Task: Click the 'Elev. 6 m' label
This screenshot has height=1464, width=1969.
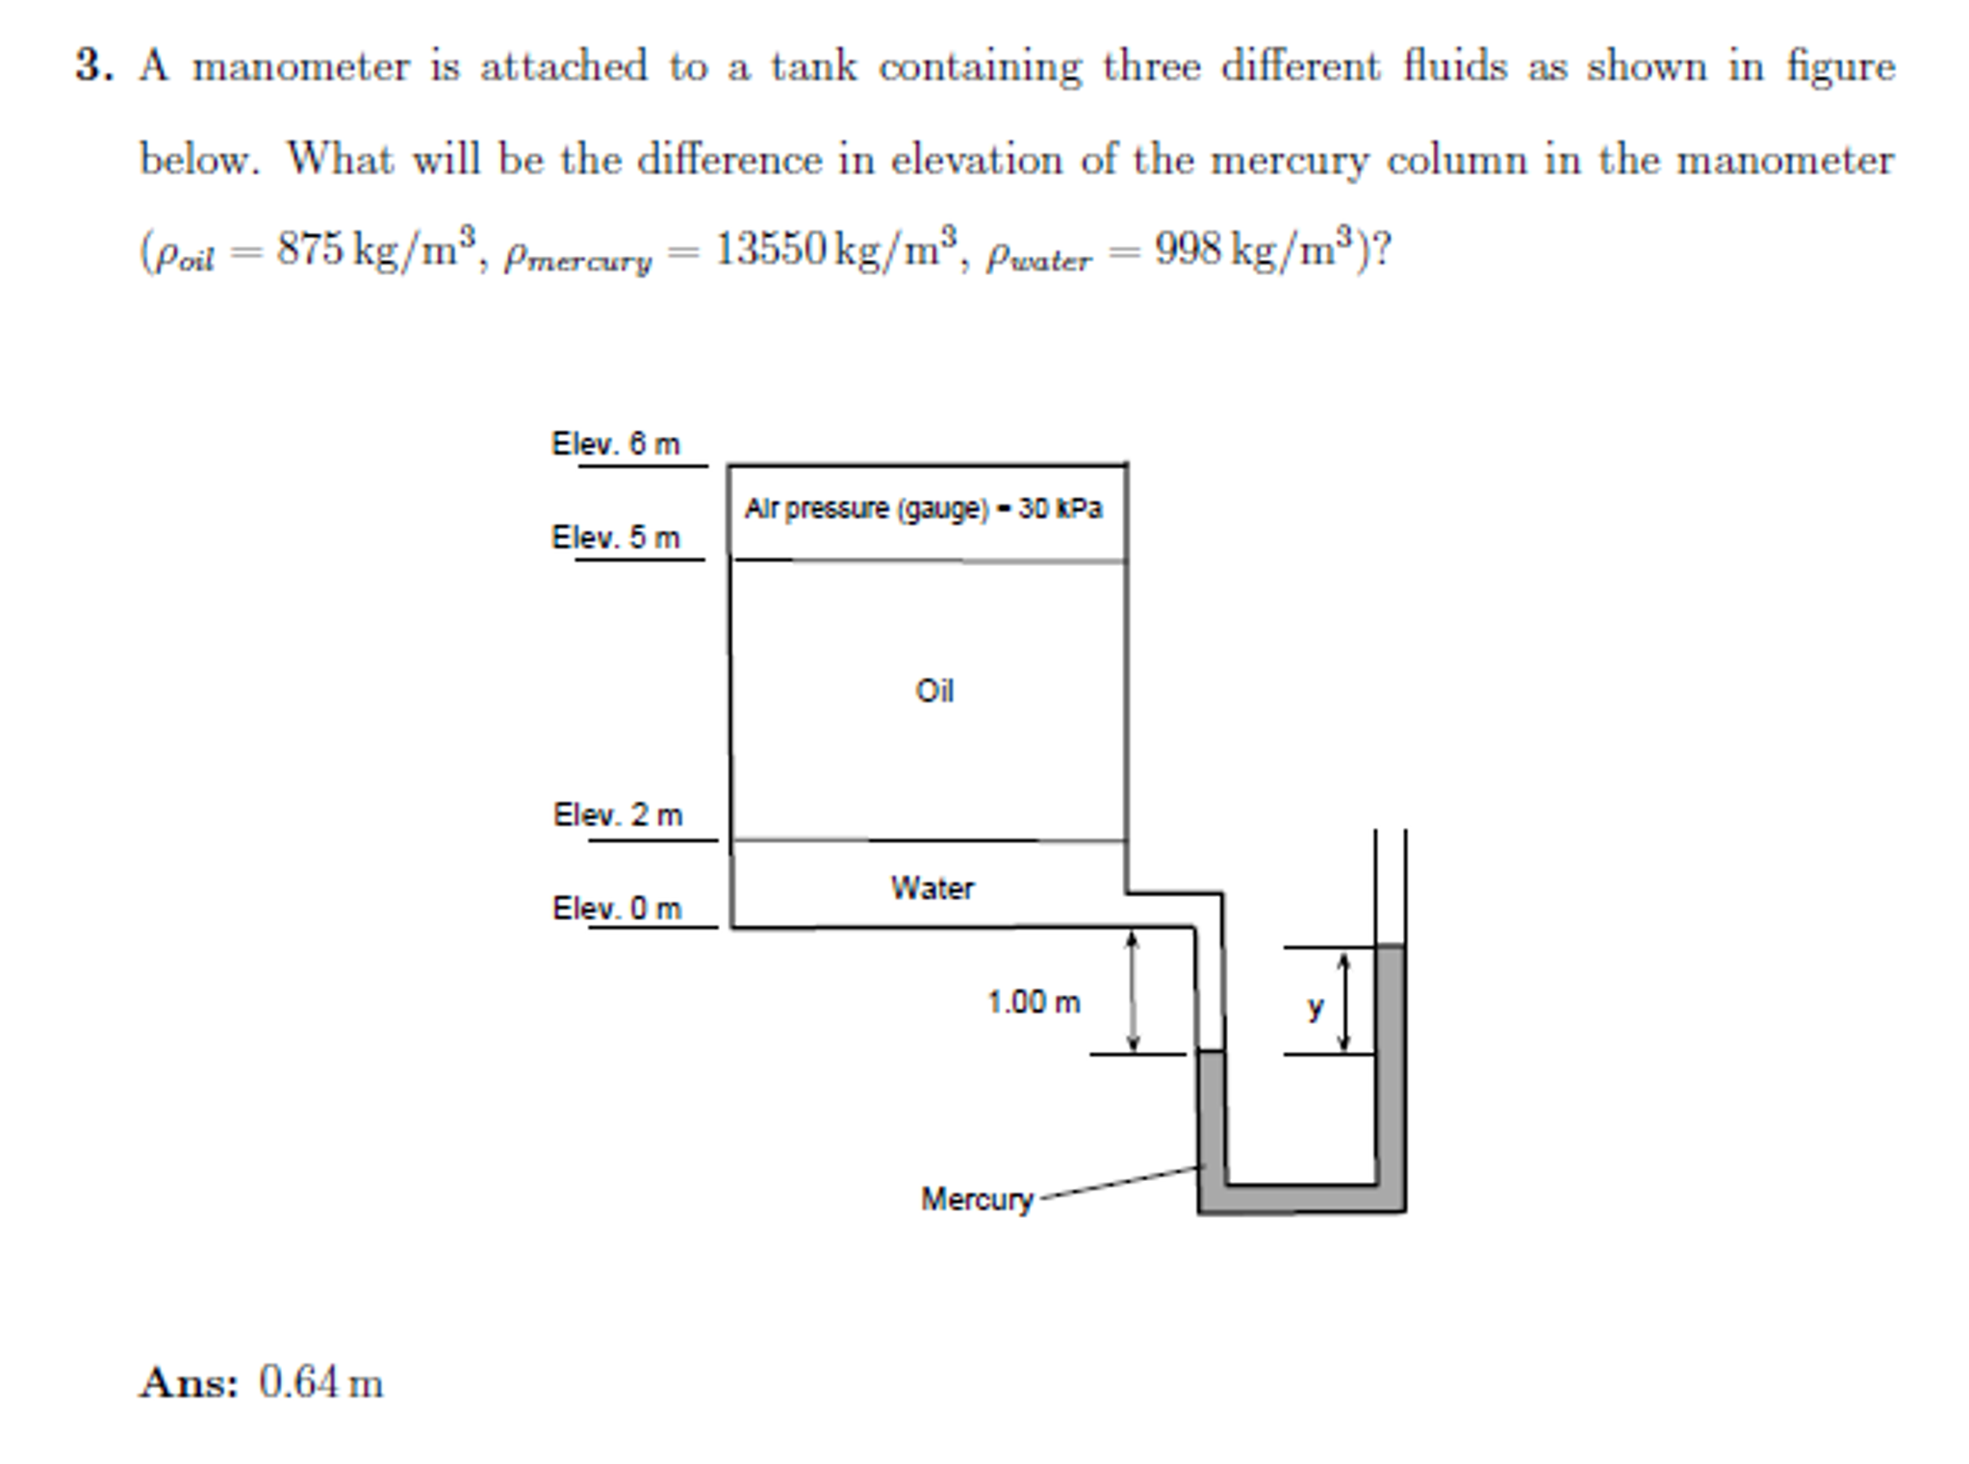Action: coord(615,444)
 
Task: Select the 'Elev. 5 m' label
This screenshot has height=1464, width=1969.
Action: coord(615,537)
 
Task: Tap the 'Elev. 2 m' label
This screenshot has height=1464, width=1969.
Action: coord(617,815)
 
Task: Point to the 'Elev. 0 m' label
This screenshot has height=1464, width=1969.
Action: coord(616,908)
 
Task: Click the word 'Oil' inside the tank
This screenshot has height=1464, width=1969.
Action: coord(933,691)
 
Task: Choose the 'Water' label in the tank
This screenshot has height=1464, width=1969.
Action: coord(932,887)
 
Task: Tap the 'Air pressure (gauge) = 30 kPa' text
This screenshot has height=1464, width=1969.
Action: coord(923,508)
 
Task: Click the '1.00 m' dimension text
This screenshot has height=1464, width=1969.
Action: coord(1033,1002)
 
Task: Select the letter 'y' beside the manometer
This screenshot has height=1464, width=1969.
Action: coord(1315,1007)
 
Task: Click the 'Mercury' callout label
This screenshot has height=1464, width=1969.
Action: coord(976,1198)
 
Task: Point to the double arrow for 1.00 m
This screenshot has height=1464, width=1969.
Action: coord(1133,991)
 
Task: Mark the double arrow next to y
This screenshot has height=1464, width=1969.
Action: coord(1344,1001)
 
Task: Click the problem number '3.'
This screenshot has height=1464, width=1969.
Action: coord(94,66)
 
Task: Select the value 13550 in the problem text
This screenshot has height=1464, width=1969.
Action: coord(770,249)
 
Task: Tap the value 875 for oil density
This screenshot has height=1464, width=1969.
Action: coord(310,249)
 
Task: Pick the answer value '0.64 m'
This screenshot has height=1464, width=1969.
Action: coord(320,1383)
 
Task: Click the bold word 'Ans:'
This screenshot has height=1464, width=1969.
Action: coord(189,1383)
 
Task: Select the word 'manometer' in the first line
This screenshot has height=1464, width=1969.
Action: coord(301,66)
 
